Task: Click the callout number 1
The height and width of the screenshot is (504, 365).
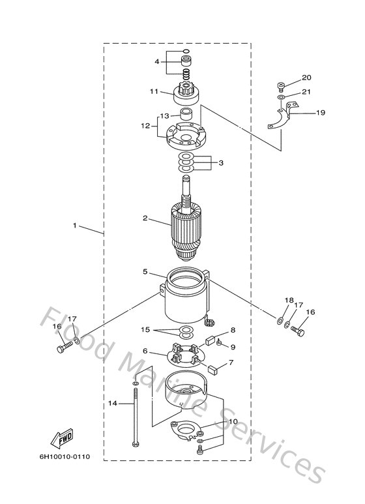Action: pyautogui.click(x=75, y=226)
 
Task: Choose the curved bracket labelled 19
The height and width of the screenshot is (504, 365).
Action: pyautogui.click(x=283, y=119)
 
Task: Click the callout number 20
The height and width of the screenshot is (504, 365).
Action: pyautogui.click(x=306, y=78)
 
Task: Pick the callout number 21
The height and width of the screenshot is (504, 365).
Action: pyautogui.click(x=306, y=92)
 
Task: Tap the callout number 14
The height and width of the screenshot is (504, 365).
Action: pyautogui.click(x=111, y=404)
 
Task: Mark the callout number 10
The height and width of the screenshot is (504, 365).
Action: pyautogui.click(x=233, y=422)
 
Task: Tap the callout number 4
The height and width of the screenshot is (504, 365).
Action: pyautogui.click(x=156, y=61)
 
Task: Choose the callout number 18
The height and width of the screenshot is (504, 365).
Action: pyautogui.click(x=289, y=300)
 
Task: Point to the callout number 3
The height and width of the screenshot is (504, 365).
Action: pyautogui.click(x=221, y=162)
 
